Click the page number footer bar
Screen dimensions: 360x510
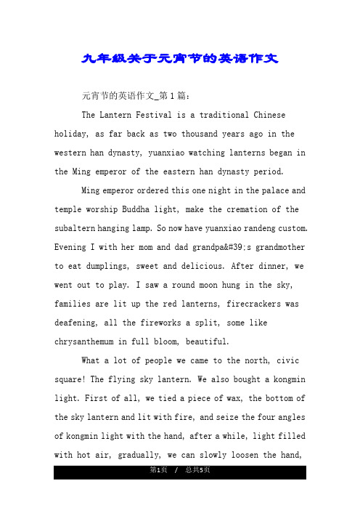point(180,473)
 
